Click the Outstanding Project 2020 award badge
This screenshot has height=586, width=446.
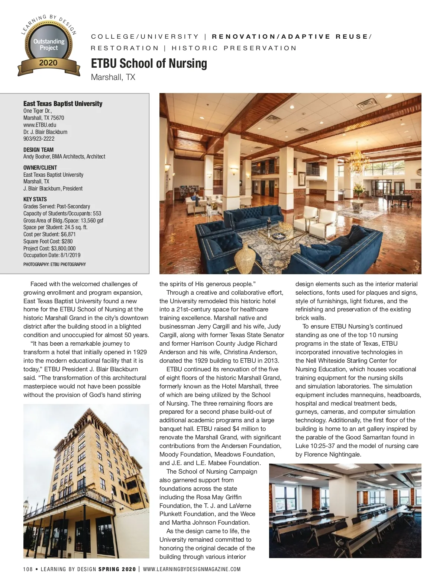click(x=49, y=47)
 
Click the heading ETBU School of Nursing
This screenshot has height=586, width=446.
click(x=149, y=64)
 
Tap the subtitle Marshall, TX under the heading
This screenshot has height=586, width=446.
click(x=113, y=77)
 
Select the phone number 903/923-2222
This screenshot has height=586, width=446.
click(x=39, y=139)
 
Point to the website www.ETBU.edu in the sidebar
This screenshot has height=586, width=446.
click(x=40, y=125)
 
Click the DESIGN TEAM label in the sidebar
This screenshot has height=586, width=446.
click(x=38, y=150)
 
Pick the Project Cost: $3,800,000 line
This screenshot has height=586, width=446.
click(x=49, y=249)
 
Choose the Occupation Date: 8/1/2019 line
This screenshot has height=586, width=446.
click(x=52, y=255)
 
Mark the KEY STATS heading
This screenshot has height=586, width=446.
click(x=35, y=199)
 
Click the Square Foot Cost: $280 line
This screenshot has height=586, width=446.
click(x=48, y=241)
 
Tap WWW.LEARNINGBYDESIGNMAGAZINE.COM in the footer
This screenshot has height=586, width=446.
click(x=192, y=569)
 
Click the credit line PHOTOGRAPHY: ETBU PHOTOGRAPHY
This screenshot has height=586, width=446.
click(x=55, y=265)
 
